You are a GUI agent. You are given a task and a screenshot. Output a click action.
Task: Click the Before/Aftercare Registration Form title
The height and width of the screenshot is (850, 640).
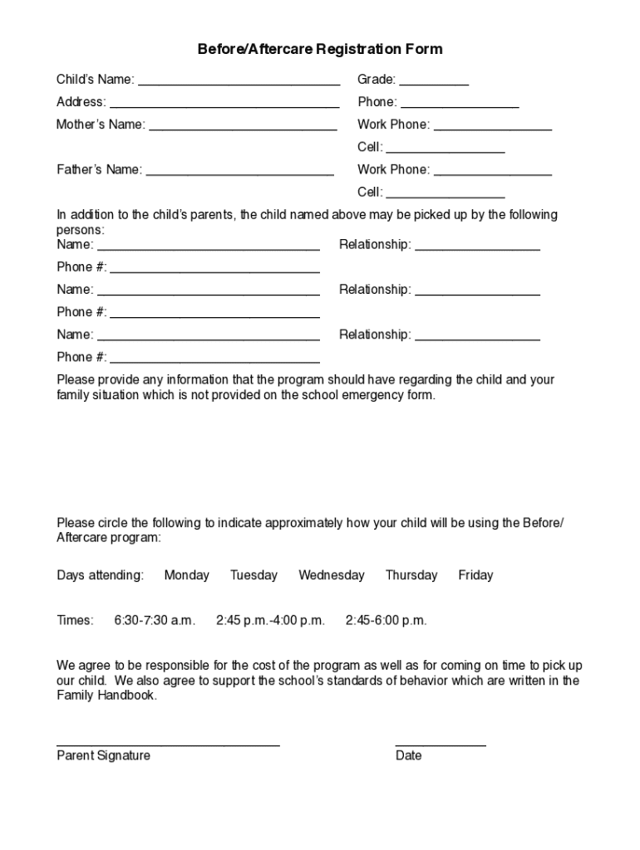[320, 49]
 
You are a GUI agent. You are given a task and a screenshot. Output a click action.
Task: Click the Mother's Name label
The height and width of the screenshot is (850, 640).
[101, 125]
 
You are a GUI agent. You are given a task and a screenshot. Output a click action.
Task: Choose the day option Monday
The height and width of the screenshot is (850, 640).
[187, 575]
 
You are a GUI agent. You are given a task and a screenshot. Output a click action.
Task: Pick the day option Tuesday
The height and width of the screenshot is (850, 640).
[254, 575]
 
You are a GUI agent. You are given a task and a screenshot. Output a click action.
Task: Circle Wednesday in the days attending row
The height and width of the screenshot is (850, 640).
[332, 575]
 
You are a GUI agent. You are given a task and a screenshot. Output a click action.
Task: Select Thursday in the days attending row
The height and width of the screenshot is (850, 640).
[411, 575]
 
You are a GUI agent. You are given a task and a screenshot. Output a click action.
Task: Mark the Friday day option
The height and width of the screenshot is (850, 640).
[475, 575]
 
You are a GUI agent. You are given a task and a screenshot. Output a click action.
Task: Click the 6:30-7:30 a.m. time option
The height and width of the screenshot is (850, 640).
[155, 620]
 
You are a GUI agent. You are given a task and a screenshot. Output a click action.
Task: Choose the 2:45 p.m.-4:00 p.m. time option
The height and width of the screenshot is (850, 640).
[270, 620]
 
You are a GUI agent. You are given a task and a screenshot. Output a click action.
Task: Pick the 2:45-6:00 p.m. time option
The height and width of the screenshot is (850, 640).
[386, 620]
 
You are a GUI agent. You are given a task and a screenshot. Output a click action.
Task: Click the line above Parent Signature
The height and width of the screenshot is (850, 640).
[168, 744]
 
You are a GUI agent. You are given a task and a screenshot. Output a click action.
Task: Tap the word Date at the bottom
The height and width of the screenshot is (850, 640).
[408, 755]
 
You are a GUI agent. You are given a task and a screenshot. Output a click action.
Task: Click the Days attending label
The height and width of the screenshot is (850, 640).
[100, 575]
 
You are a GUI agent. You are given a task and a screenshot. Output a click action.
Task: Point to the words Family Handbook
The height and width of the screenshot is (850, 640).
[106, 696]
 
